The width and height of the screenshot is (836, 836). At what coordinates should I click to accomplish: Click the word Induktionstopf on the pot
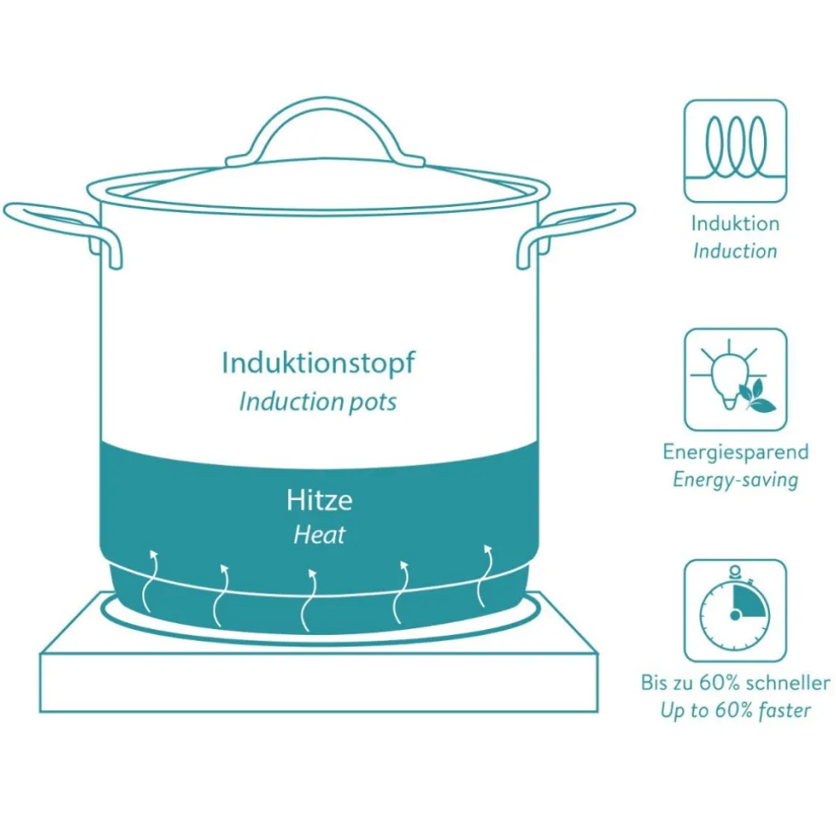319,363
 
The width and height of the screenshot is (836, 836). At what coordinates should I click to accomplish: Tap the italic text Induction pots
319,402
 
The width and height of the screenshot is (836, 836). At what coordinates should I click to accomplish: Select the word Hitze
320,500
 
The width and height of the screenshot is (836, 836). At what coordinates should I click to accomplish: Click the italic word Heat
320,534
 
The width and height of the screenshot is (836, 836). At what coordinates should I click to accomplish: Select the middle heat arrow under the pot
310,600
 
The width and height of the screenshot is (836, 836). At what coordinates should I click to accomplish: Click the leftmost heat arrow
150,580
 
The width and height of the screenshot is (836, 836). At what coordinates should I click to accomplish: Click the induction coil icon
735,151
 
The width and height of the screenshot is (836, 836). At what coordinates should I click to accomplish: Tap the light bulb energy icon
735,380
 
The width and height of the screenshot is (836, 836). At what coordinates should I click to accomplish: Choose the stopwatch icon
735,611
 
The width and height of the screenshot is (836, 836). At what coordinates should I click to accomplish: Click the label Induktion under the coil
735,223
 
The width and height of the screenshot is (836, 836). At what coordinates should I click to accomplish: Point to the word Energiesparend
736,453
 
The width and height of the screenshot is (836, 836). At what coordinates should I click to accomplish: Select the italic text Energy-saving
736,480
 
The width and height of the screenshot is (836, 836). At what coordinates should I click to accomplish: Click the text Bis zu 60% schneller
736,683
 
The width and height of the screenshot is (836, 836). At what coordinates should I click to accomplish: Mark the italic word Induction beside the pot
735,251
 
